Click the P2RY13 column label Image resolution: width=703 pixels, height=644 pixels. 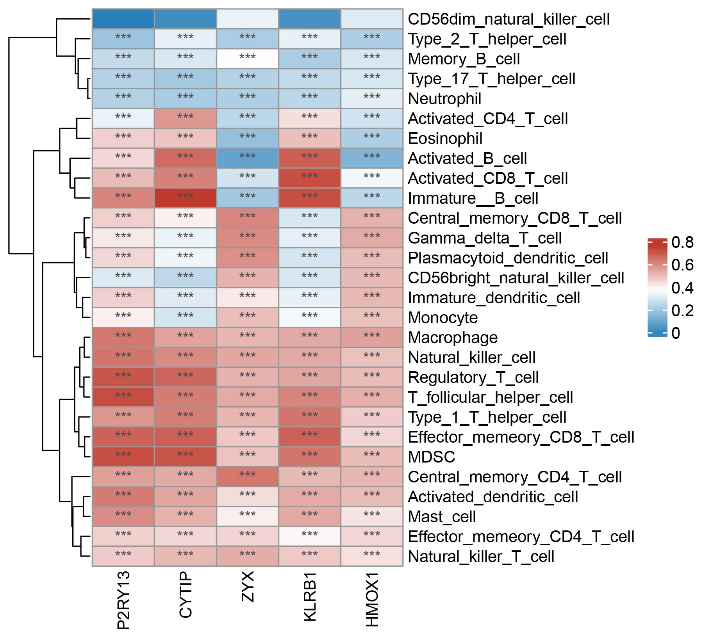coord(123,601)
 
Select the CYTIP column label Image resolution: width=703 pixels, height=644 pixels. coord(186,595)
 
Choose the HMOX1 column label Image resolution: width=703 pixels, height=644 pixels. coord(372,599)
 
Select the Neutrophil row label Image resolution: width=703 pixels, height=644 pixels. coord(444,99)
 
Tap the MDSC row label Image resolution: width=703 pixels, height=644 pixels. coord(432,457)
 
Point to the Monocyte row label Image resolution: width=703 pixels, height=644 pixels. coord(443,318)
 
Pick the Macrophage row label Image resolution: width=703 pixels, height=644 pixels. coord(453,338)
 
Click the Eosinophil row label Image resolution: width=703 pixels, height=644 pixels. coord(445,139)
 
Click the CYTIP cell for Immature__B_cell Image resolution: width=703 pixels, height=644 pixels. coord(186,198)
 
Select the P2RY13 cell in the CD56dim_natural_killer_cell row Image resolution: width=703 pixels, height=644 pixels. coord(123,19)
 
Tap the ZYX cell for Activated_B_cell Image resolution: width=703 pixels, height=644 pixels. coord(248,158)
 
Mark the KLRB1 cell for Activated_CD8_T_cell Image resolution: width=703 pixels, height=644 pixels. coord(310,178)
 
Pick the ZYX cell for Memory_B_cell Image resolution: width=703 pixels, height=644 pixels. coord(248,59)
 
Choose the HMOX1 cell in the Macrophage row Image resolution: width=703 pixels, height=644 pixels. coord(372,338)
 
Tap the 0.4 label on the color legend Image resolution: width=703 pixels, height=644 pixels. coord(682,288)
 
